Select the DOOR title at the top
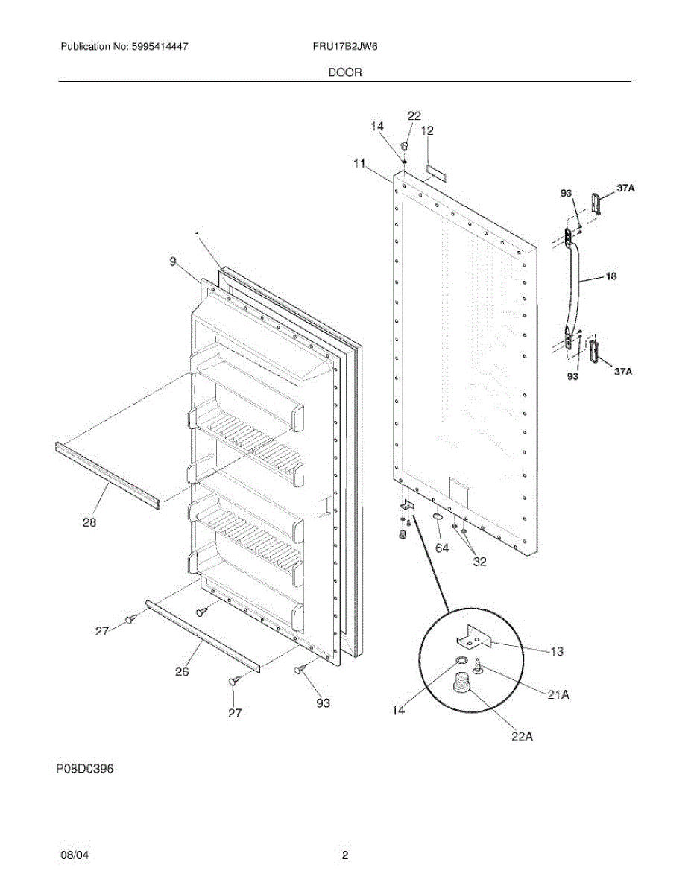[x=345, y=73]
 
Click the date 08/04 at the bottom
[x=75, y=856]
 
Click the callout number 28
[x=89, y=523]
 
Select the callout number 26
[x=182, y=671]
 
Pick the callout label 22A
[x=521, y=738]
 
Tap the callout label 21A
[x=558, y=694]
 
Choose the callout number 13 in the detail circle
[x=557, y=652]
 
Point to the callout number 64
[x=443, y=548]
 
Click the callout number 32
[x=479, y=562]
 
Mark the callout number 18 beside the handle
[x=610, y=276]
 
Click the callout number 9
[x=173, y=261]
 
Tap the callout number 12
[x=428, y=130]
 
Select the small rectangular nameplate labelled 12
[x=435, y=173]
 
